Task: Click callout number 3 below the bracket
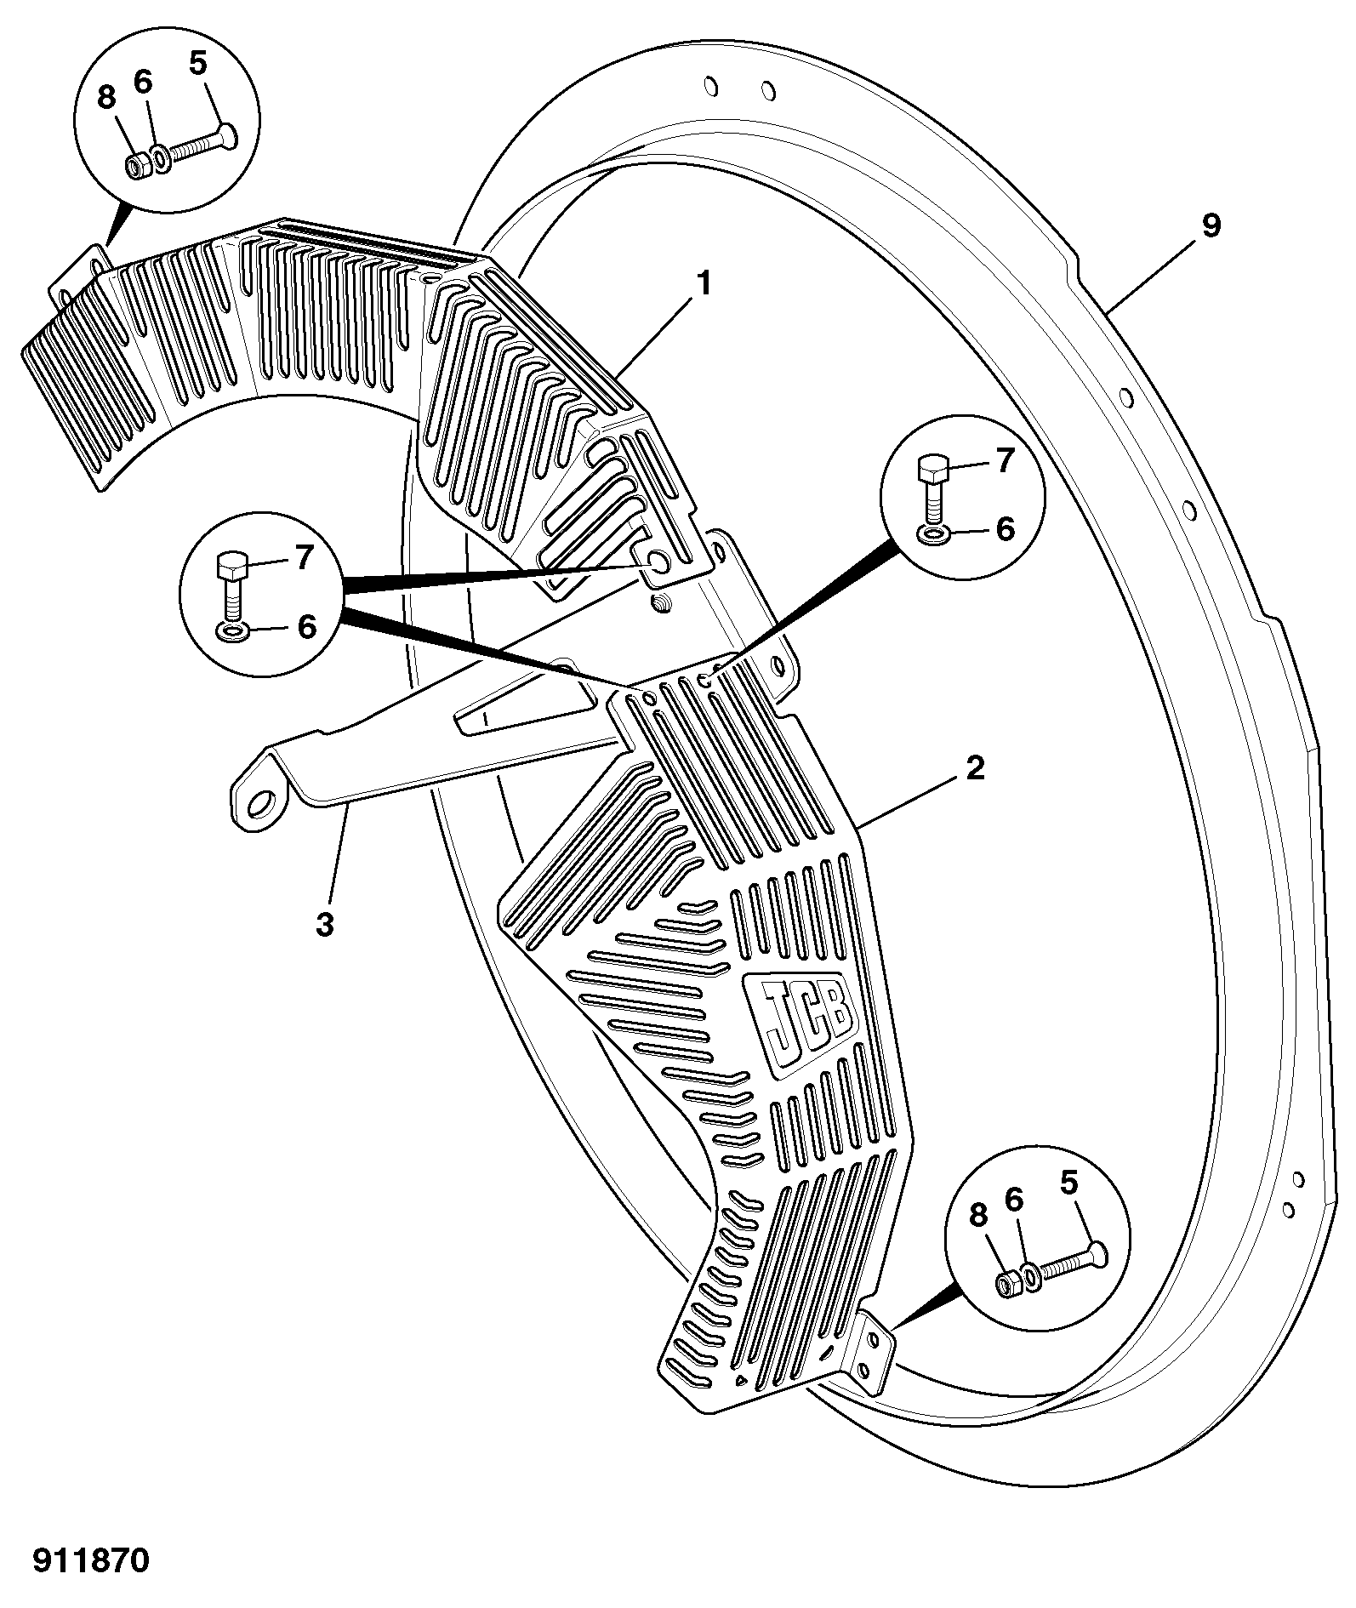[x=325, y=924]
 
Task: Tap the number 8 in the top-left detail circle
[x=105, y=98]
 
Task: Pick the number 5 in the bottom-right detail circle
[x=1069, y=1183]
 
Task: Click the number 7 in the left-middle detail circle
[x=305, y=558]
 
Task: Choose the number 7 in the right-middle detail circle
[x=1006, y=460]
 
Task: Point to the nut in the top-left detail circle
[x=135, y=167]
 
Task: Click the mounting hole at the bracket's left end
[x=264, y=801]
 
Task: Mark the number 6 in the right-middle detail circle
[x=1006, y=528]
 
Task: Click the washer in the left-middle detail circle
[x=231, y=630]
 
